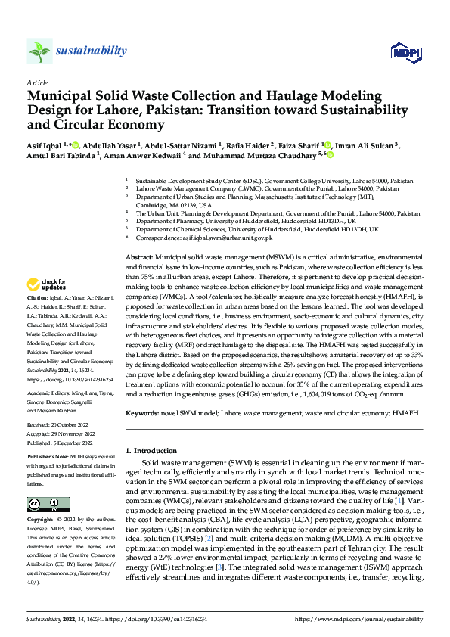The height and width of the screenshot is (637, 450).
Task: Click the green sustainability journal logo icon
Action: click(x=40, y=51)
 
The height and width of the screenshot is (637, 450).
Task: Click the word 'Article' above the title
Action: click(x=37, y=82)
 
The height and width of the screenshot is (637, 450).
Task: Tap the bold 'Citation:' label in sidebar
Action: click(x=39, y=320)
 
